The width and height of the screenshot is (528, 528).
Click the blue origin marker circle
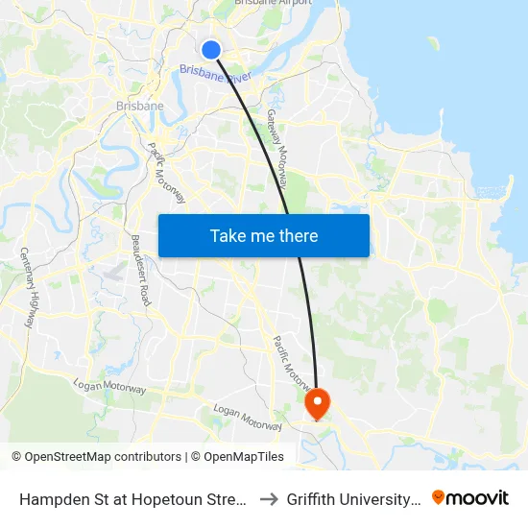point(211,50)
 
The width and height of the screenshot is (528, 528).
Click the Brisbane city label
point(139,106)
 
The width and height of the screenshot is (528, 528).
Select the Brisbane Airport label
point(274,3)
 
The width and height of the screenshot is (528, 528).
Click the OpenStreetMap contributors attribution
point(96,457)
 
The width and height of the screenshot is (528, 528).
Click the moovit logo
point(469,498)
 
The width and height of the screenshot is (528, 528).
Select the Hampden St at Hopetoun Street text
point(133,499)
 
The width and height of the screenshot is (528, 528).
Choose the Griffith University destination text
point(353,499)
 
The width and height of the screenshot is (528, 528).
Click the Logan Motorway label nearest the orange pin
point(248,418)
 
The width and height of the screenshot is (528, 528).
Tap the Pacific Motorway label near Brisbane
point(166,173)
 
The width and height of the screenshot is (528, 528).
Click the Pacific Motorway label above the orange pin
point(294,363)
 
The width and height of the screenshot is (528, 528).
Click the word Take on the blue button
point(230,235)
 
